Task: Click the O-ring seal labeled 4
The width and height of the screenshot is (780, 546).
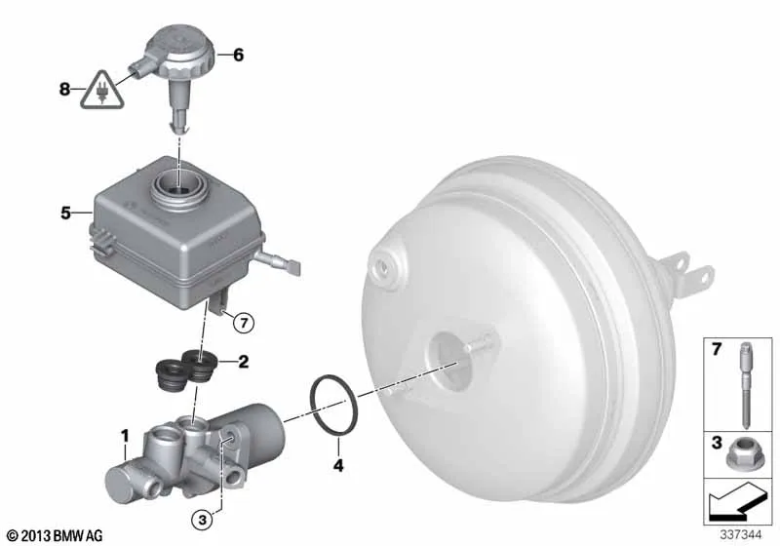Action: tap(312, 399)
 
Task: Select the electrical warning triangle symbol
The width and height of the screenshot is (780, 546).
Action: tap(102, 90)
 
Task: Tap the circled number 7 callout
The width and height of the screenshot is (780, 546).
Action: tap(244, 324)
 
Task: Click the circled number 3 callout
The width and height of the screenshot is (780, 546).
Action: tap(202, 520)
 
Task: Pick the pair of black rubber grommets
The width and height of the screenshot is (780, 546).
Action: tap(184, 370)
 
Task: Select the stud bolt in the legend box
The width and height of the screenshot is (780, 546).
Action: tap(745, 385)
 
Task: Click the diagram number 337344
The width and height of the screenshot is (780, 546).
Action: tap(741, 534)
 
